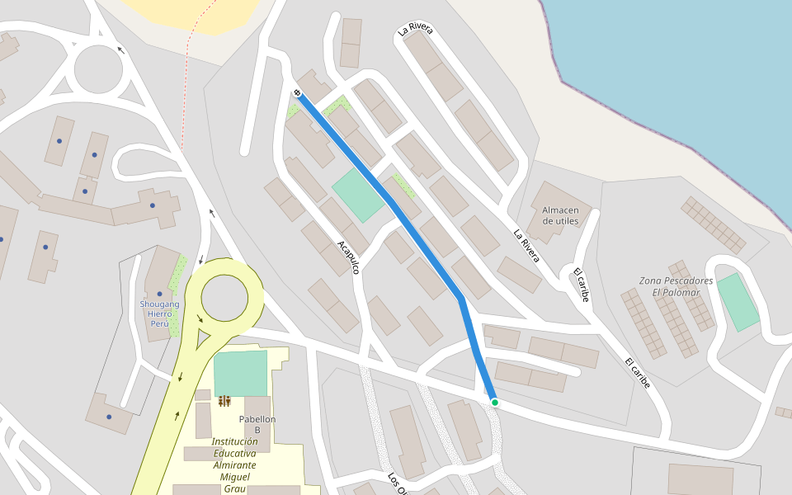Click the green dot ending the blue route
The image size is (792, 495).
(x=495, y=403)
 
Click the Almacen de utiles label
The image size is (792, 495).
(x=560, y=215)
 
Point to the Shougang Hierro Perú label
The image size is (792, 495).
(x=159, y=313)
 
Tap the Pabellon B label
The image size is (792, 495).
(x=257, y=424)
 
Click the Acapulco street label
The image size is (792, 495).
(x=348, y=257)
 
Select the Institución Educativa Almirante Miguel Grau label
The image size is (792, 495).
(x=235, y=464)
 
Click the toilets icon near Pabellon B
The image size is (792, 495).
(x=224, y=401)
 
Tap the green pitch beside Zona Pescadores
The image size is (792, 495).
(x=738, y=302)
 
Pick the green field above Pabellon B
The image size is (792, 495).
(x=240, y=373)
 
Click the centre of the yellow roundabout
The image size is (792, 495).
(x=224, y=298)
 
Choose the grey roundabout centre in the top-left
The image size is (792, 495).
(x=98, y=68)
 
